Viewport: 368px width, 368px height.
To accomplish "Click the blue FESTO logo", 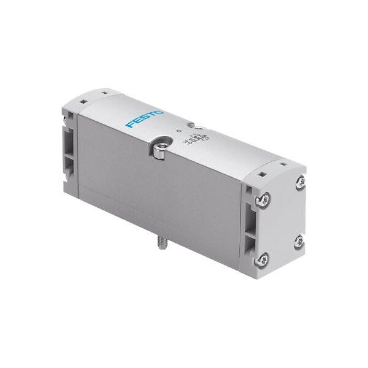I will (145, 118).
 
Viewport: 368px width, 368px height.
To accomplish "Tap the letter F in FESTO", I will (130, 125).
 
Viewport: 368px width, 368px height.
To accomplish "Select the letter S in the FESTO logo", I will (145, 118).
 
